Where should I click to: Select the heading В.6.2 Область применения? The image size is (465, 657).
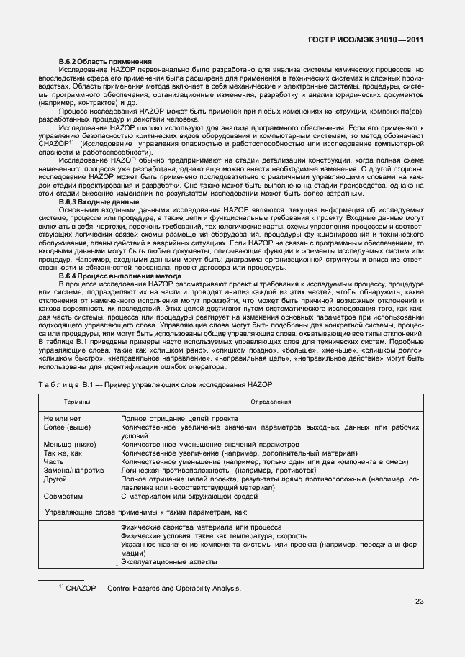pyautogui.click(x=104, y=62)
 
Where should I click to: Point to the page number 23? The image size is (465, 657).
pyautogui.click(x=419, y=602)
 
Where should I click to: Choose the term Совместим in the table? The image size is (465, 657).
pyautogui.click(x=63, y=496)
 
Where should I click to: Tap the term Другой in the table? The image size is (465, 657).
pyautogui.click(x=55, y=479)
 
